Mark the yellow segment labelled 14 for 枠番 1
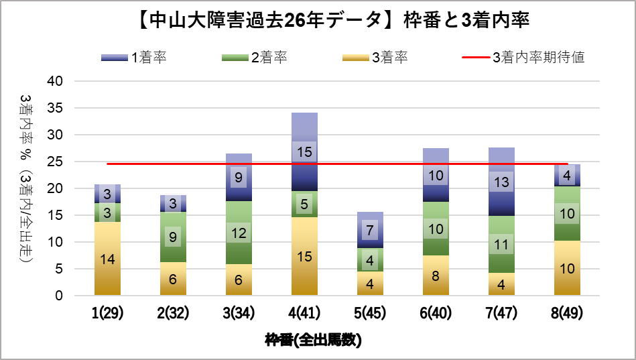[x=107, y=259]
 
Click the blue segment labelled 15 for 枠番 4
[x=304, y=152]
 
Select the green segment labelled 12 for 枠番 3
[x=239, y=233]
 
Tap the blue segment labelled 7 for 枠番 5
[x=370, y=230]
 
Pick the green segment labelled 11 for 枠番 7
[x=501, y=245]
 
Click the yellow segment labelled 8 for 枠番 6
[x=436, y=275]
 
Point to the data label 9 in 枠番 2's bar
[x=173, y=237]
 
